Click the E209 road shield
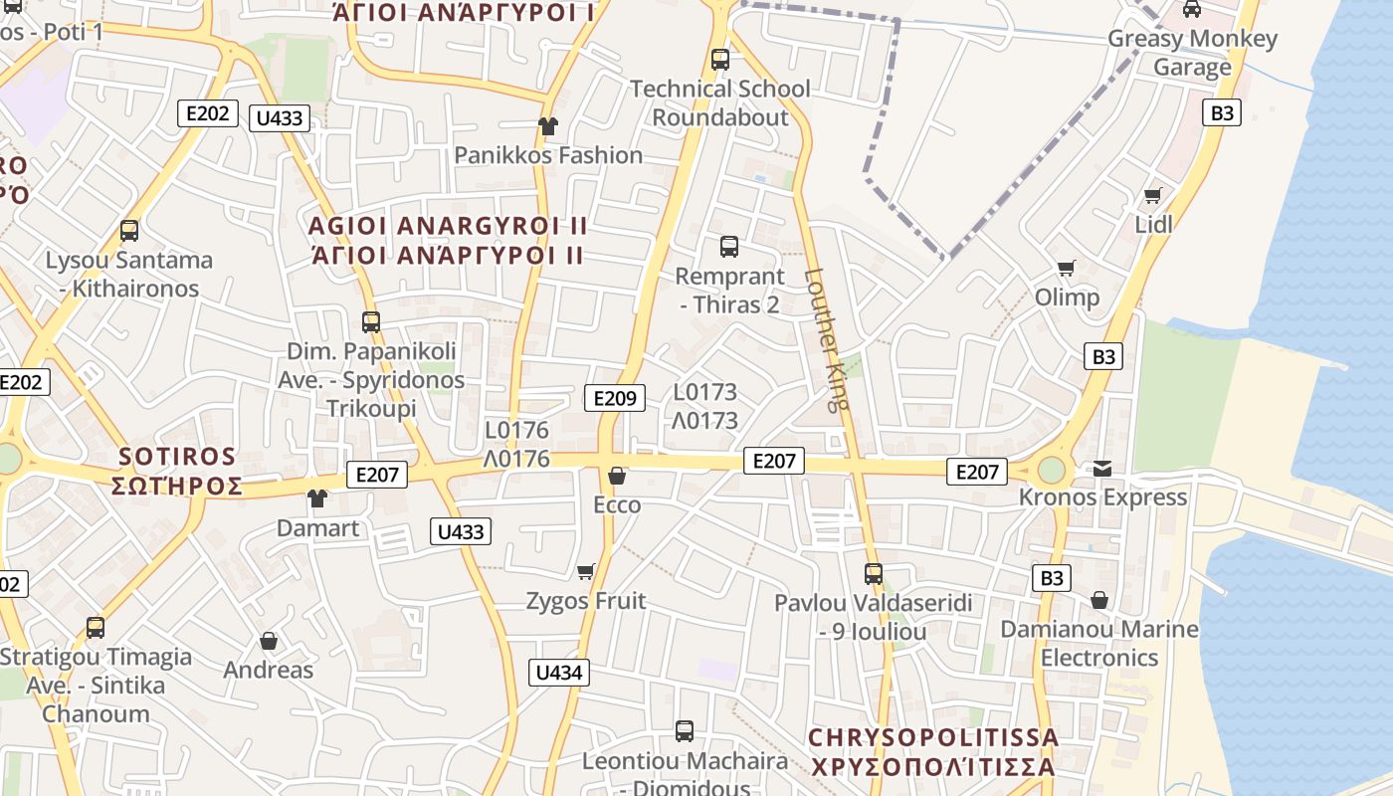614,399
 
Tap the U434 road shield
558,673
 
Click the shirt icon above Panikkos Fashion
547,126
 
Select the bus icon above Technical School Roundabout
720,60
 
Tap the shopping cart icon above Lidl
1153,195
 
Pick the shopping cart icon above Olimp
1067,268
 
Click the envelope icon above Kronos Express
1102,468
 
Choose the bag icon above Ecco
617,476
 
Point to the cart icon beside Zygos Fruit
586,571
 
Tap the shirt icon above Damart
317,498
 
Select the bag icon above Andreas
269,641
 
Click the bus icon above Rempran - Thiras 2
729,247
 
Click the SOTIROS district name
179,458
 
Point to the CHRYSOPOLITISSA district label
932,738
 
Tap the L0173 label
705,392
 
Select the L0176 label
516,431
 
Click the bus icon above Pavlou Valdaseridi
874,574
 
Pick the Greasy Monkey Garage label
1192,53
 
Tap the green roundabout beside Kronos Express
1051,470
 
